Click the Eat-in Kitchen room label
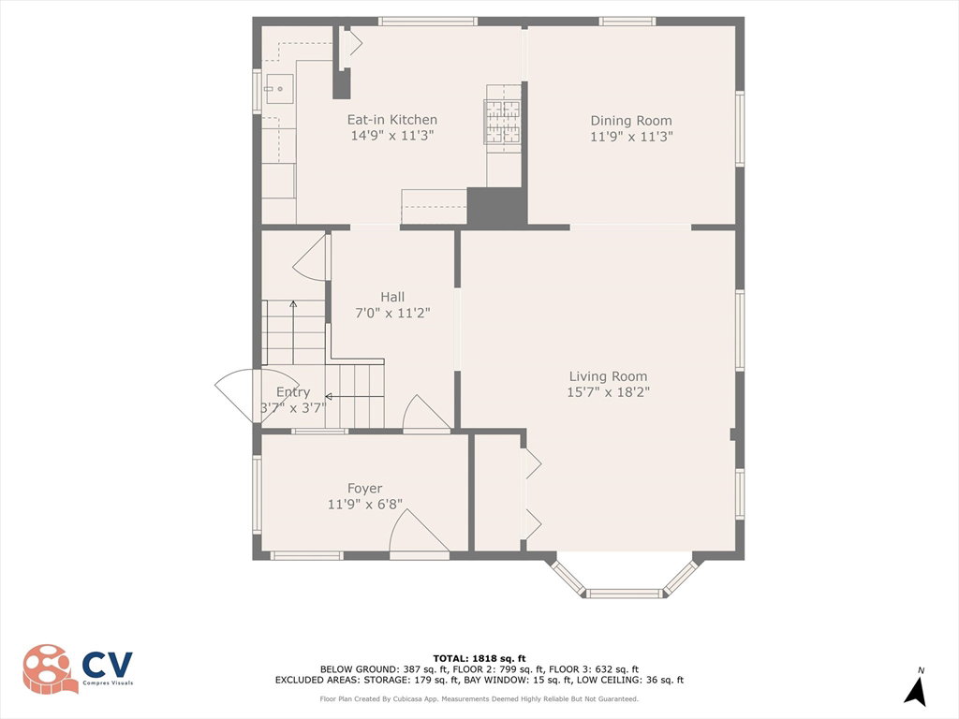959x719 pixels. pos(392,120)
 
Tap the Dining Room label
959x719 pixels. pos(630,121)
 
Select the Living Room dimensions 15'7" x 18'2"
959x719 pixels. pos(608,392)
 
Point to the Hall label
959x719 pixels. pos(392,297)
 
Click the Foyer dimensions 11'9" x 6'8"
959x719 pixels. pos(365,505)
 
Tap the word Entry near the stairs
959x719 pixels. pos(293,392)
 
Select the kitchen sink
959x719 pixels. pos(279,89)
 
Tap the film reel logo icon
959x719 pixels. pos(49,668)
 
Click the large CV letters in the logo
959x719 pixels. pos(107,665)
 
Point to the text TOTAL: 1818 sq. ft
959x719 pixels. pos(479,658)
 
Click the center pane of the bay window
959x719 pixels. pos(624,593)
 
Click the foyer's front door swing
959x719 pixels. pos(420,531)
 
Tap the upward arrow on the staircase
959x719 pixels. pos(293,332)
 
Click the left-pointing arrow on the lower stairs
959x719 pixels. pos(354,397)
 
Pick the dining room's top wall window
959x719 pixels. pos(627,22)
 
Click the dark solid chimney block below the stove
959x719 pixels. pos(496,207)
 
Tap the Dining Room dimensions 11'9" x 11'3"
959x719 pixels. pos(631,137)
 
